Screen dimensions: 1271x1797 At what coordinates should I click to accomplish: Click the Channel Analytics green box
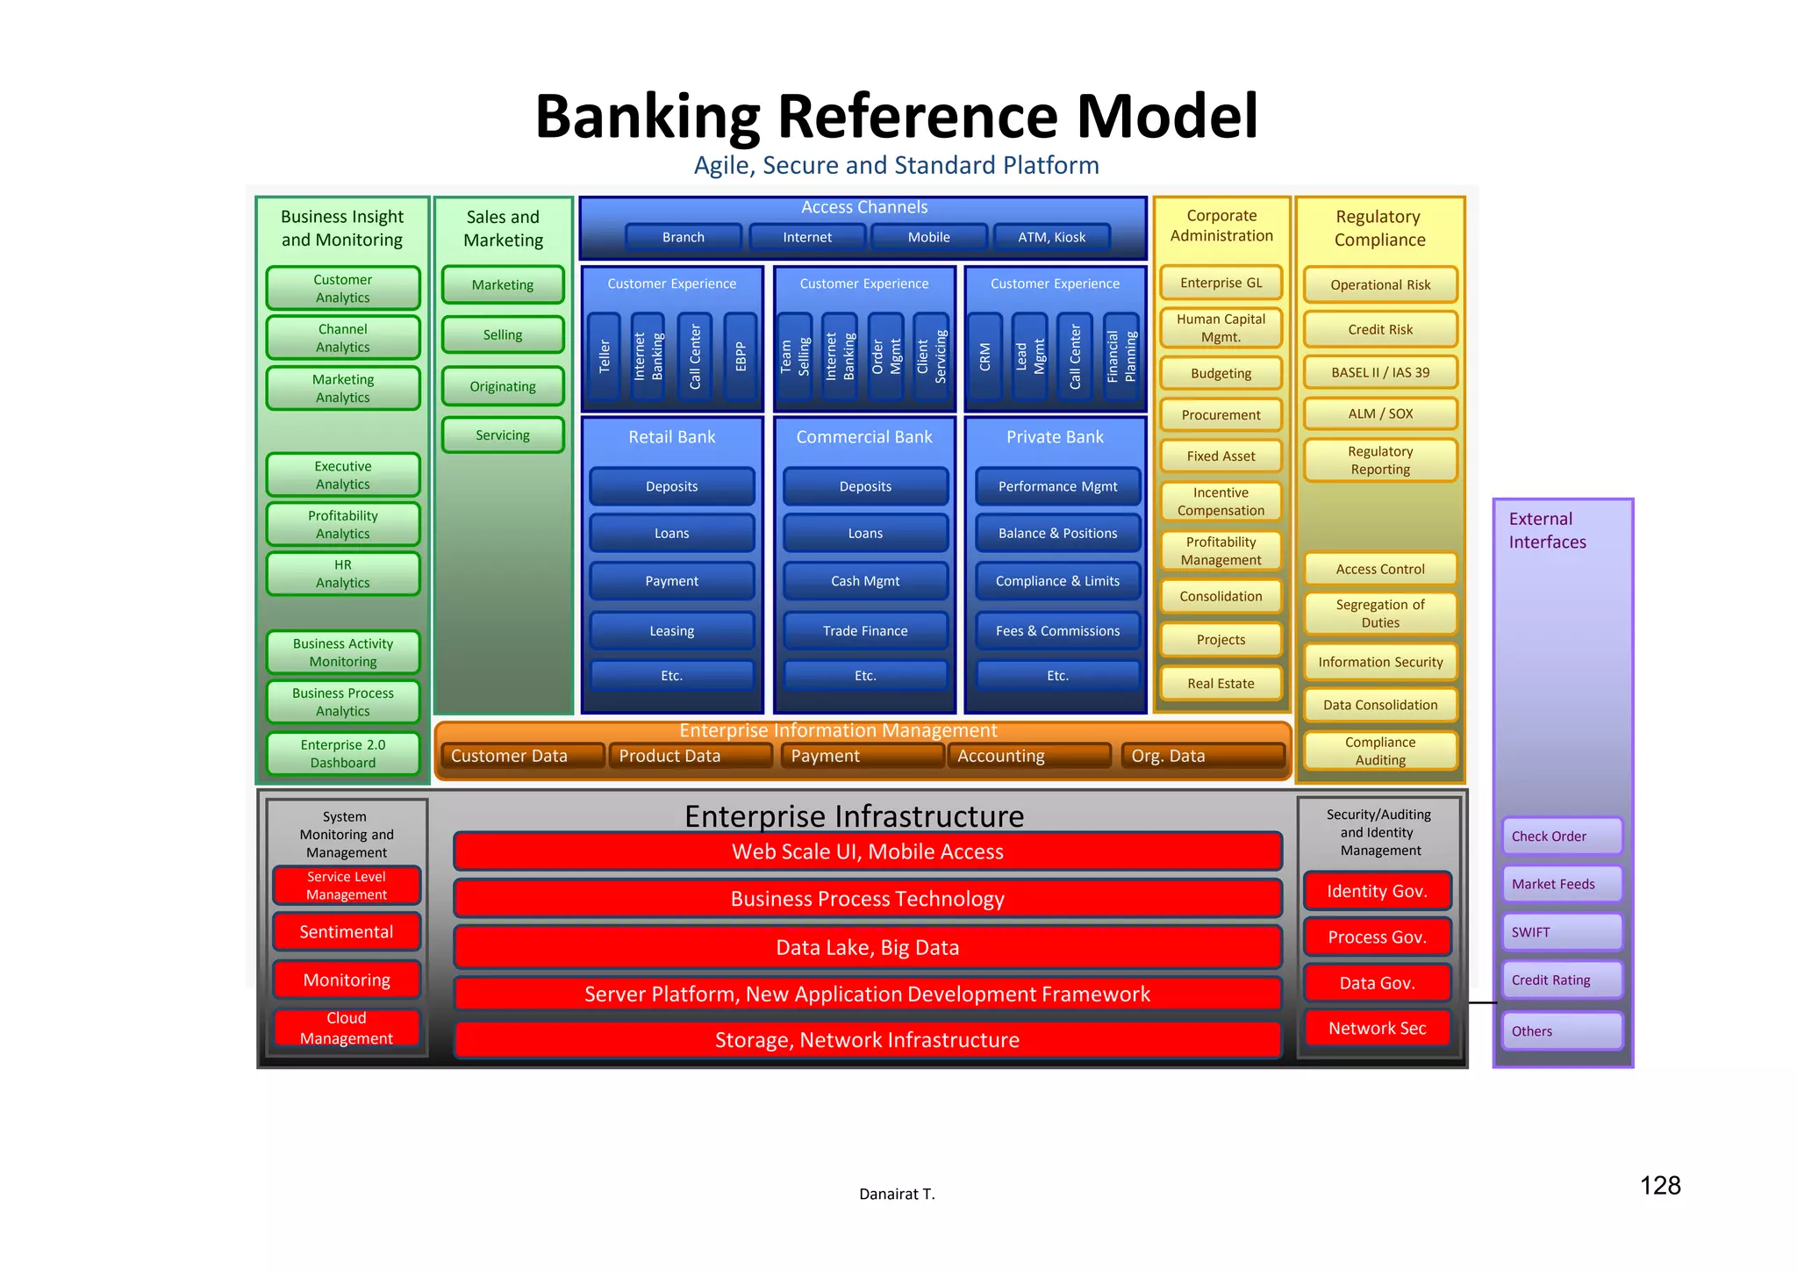pos(342,338)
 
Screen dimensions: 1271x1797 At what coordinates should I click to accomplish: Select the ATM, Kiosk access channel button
pos(1051,237)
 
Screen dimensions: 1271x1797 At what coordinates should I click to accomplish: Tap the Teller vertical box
pos(604,356)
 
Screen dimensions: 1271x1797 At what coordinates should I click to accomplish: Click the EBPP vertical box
pos(741,356)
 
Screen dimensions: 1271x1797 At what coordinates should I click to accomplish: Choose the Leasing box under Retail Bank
pos(671,631)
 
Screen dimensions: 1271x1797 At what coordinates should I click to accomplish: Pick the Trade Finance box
pos(865,631)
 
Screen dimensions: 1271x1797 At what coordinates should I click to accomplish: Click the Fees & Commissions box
pos(1057,631)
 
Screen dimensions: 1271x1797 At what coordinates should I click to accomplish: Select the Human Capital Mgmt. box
pos(1221,328)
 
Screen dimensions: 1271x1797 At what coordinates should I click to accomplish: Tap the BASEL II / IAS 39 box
pos(1380,372)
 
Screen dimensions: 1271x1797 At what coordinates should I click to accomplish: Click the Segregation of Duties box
pos(1380,614)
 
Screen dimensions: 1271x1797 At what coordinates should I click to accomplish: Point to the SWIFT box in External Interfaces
pos(1562,932)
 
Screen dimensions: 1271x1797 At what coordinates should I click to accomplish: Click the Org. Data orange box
pos(1202,756)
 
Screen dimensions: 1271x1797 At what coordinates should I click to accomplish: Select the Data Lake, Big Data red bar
pos(867,948)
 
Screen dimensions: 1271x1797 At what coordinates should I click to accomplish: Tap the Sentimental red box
pos(347,932)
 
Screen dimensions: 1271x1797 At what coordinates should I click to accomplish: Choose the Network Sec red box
pos(1377,1028)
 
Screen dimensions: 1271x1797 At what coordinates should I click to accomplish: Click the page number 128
pos(1659,1186)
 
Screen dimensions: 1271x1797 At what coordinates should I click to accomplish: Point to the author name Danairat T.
pos(897,1194)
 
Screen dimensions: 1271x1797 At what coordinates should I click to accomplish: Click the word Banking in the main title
pos(647,117)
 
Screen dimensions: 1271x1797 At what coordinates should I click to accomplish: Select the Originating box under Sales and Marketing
pos(503,386)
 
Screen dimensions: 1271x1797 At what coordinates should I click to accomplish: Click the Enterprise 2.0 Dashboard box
pos(342,754)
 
